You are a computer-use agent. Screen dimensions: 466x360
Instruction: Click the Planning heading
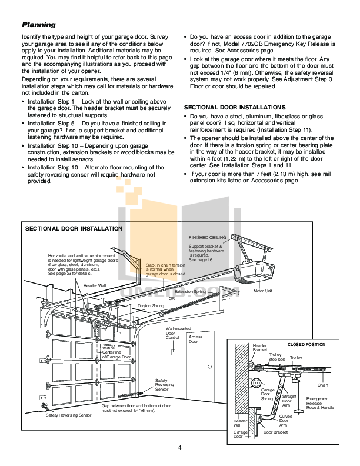(x=38, y=25)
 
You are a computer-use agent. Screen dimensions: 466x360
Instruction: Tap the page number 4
(x=179, y=448)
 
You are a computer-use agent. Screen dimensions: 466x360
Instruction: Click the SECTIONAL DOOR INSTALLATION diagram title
(x=74, y=228)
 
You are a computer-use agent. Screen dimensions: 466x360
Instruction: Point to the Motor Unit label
(x=262, y=290)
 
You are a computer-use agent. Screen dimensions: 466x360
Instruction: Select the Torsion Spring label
(x=150, y=306)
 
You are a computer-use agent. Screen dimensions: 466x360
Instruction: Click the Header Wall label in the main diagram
(x=94, y=285)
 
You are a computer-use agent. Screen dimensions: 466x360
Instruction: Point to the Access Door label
(x=195, y=339)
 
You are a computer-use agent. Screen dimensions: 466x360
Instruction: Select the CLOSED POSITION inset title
(x=305, y=344)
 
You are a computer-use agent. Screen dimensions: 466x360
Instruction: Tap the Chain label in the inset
(x=323, y=385)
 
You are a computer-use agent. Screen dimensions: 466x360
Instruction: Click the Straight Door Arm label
(x=289, y=400)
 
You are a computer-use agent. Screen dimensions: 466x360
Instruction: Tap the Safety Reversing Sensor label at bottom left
(x=69, y=415)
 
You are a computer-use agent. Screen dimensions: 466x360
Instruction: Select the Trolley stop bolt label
(x=276, y=357)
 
